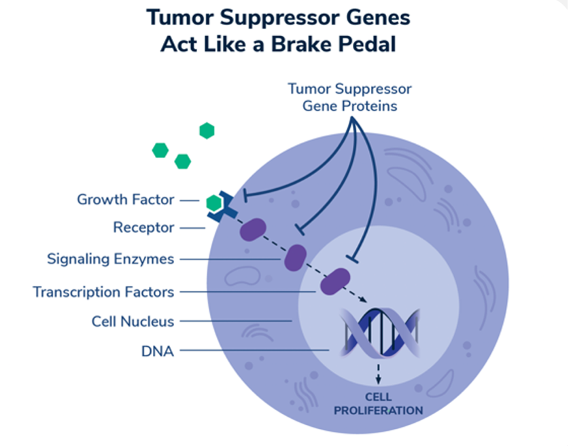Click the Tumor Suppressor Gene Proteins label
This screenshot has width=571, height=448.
click(x=349, y=98)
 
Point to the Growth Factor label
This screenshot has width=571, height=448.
click(x=126, y=200)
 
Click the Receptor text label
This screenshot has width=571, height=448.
click(x=144, y=227)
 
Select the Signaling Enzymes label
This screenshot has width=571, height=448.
click(x=110, y=259)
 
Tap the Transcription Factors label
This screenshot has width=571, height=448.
click(x=103, y=292)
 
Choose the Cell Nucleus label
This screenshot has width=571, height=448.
click(x=133, y=322)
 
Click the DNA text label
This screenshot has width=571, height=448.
click(x=158, y=352)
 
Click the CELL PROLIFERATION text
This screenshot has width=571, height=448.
click(x=379, y=404)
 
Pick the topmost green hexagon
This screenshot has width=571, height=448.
click(x=207, y=131)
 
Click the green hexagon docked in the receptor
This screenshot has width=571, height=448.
click(x=213, y=203)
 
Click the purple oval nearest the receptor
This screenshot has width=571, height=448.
click(x=253, y=229)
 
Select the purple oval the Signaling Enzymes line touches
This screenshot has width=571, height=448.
click(x=295, y=258)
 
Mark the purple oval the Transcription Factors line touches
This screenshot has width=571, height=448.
click(x=335, y=282)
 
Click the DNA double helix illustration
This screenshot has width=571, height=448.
click(x=380, y=333)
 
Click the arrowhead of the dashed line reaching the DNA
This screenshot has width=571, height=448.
click(x=364, y=299)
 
